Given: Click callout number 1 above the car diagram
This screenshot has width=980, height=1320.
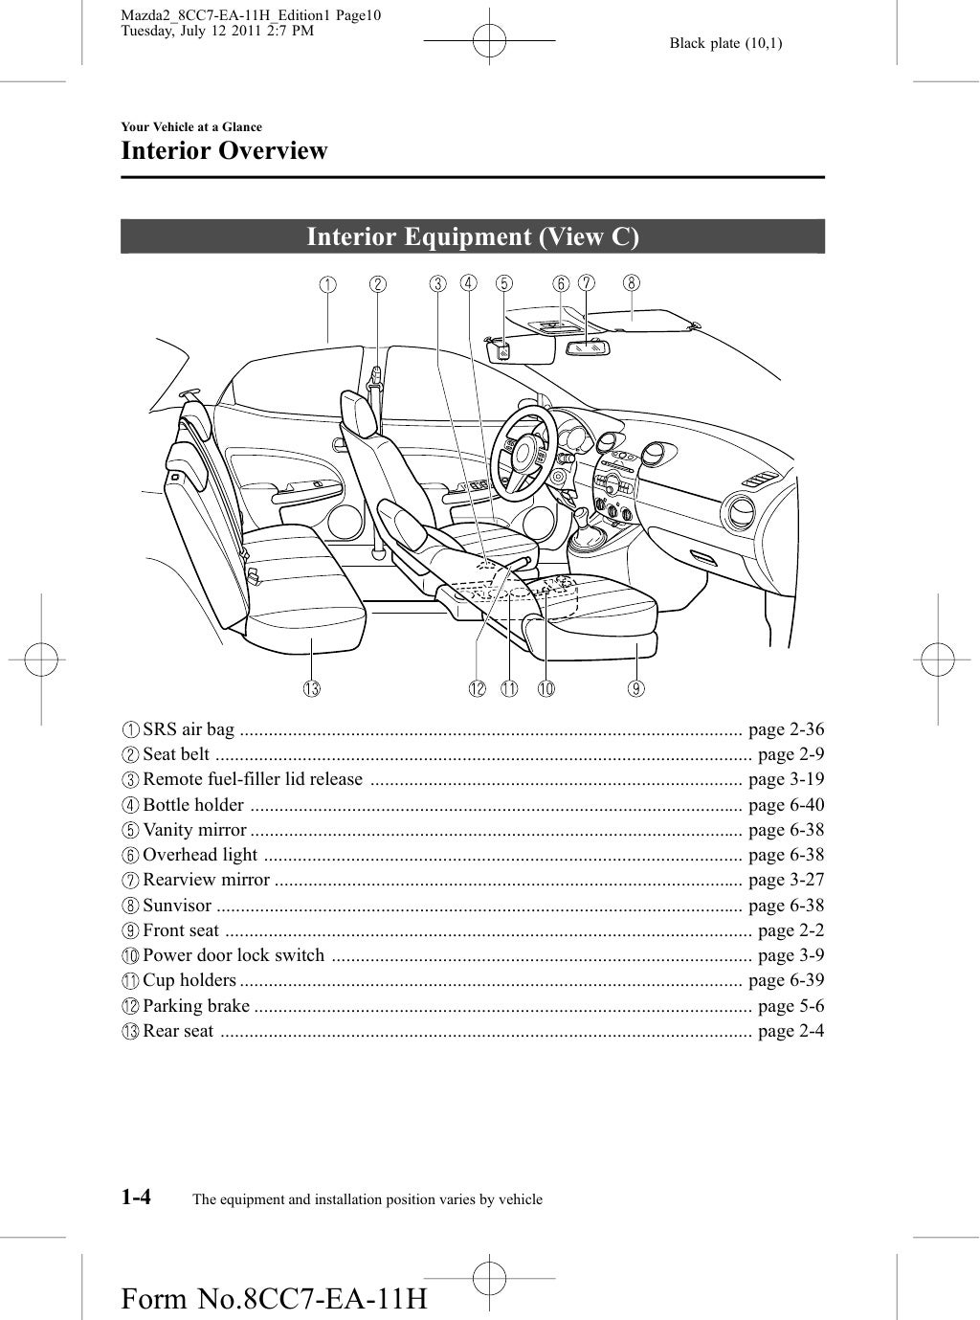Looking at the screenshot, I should [x=327, y=283].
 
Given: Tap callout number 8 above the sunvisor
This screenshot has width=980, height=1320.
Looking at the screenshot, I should [x=632, y=282].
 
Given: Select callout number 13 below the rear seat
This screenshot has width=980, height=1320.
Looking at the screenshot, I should [x=312, y=687].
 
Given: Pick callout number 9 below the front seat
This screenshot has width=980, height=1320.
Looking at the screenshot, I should [x=636, y=687].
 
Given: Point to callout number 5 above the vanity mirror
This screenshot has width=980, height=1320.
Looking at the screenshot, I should [x=503, y=283].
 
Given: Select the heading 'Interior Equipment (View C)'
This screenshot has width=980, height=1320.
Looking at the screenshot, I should [x=473, y=236].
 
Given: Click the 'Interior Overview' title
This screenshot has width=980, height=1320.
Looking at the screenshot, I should [x=224, y=151].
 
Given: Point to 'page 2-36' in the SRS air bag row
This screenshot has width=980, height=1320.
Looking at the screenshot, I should [x=786, y=730].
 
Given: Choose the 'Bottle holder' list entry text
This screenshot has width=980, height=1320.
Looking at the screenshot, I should [x=192, y=805].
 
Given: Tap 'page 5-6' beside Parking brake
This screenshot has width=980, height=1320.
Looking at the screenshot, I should [x=791, y=1005].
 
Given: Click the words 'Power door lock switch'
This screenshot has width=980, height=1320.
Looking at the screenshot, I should [x=234, y=955].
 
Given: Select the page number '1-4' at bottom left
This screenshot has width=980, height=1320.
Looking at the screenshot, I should [x=139, y=1197].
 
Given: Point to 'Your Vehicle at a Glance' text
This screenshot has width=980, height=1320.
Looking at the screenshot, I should [x=191, y=127].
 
